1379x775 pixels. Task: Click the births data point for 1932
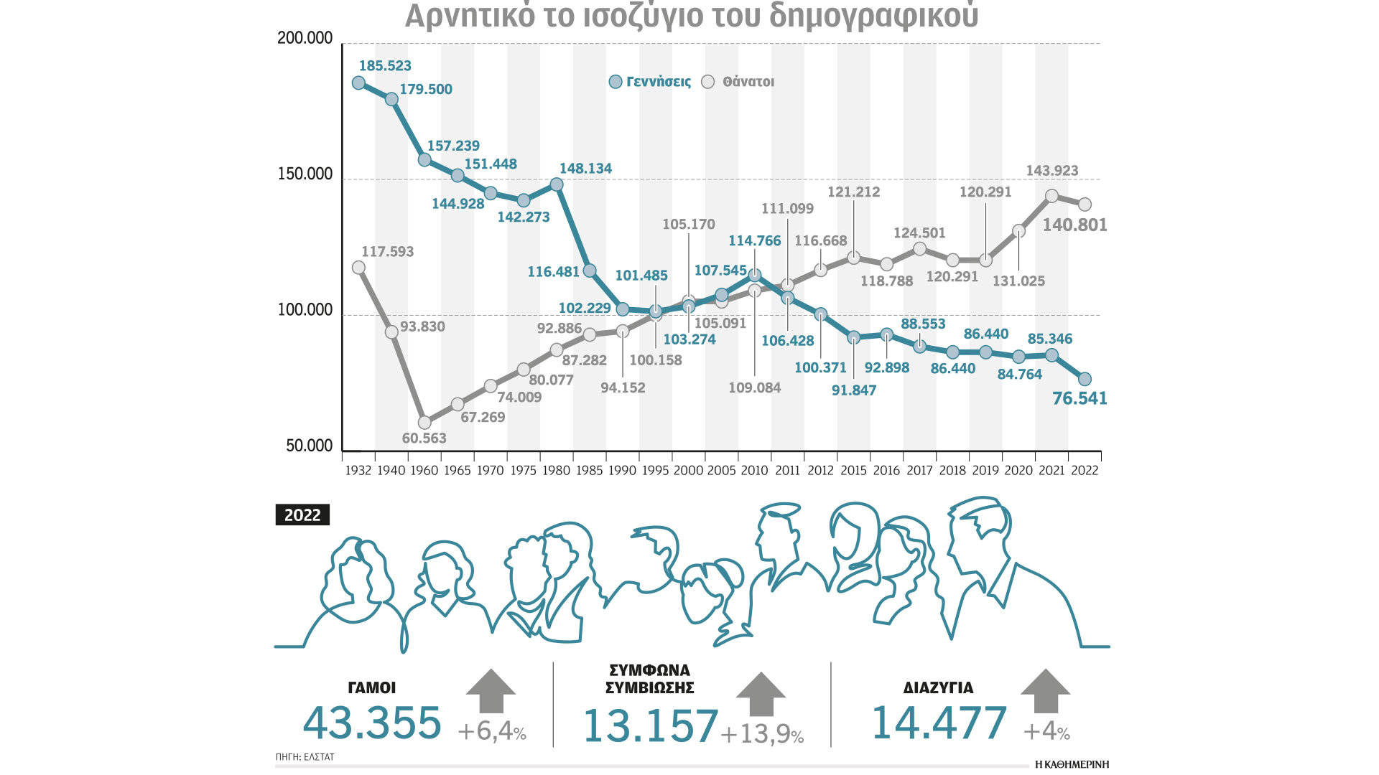[x=358, y=83]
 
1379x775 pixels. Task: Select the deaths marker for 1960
[x=424, y=423]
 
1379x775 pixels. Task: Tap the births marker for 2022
[x=1085, y=379]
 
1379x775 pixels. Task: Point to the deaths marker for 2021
[x=1051, y=196]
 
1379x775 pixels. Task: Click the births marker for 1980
[x=557, y=184]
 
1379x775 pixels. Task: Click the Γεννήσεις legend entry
[x=650, y=82]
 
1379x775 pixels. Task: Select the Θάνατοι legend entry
[x=740, y=82]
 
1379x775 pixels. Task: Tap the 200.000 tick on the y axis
[x=305, y=38]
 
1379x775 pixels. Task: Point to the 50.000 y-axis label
[x=310, y=446]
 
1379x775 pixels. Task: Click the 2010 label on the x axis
[x=754, y=471]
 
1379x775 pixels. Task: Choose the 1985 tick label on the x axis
[x=589, y=471]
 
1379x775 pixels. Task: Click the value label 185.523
[x=385, y=66]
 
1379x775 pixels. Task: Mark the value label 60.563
[x=424, y=438]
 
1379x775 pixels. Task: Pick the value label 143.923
[x=1051, y=171]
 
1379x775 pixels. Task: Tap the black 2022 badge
[x=302, y=515]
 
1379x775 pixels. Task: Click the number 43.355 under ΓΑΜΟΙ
[x=372, y=723]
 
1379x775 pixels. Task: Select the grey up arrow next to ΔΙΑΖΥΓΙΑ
[x=1045, y=691]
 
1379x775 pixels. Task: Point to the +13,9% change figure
[x=761, y=734]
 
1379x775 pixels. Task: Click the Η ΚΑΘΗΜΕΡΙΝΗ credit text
[x=1072, y=764]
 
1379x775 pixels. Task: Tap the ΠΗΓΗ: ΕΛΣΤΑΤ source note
[x=305, y=757]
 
